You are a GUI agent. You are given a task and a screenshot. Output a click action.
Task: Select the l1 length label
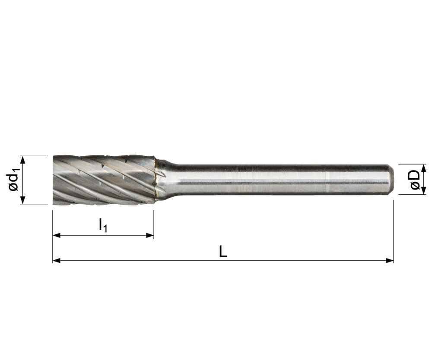click(x=102, y=225)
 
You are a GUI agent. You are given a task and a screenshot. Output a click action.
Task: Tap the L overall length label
click(x=223, y=252)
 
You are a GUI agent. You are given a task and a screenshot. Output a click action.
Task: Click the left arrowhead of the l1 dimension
click(x=56, y=235)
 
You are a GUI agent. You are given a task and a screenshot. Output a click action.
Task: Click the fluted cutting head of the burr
click(x=104, y=180)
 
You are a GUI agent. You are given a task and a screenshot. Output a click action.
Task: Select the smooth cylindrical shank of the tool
click(x=276, y=180)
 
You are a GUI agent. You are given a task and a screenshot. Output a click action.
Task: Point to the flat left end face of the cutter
click(x=54, y=180)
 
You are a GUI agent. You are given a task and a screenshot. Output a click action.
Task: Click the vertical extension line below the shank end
click(x=393, y=229)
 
